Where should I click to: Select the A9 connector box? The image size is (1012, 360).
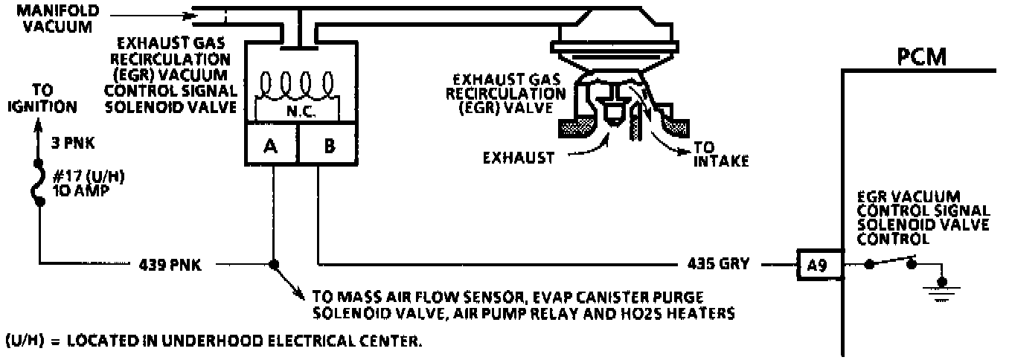(819, 264)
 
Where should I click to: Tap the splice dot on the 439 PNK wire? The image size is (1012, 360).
(273, 263)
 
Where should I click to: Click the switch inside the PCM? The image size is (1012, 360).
(891, 262)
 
